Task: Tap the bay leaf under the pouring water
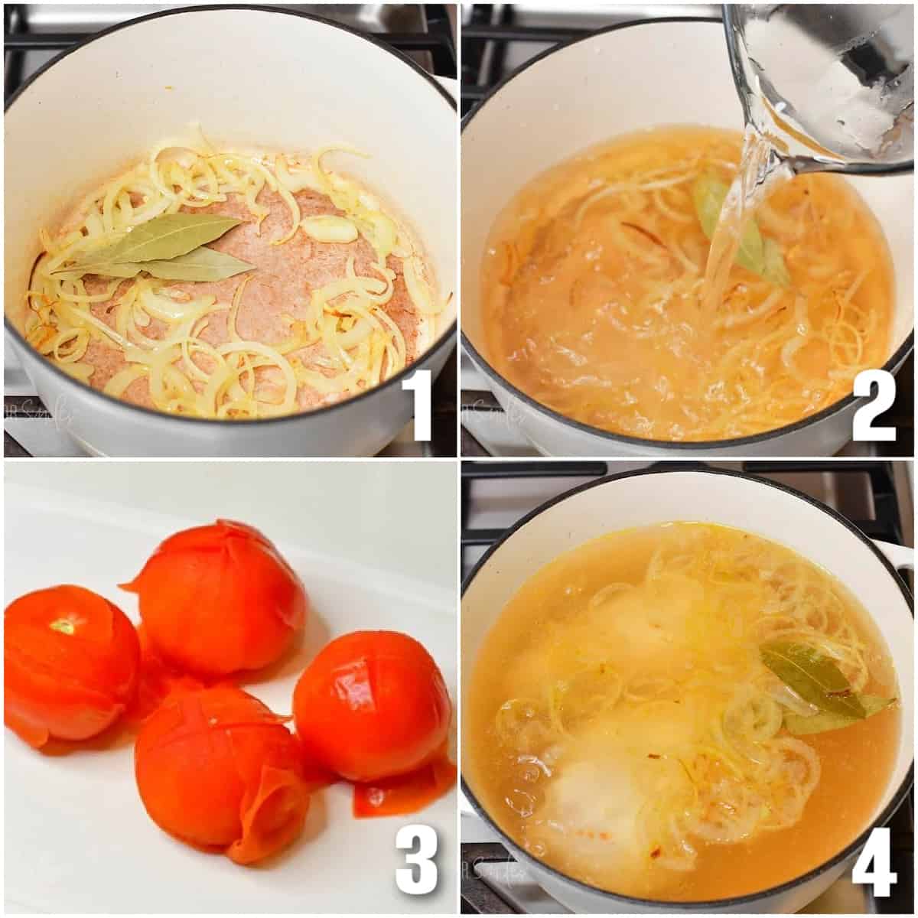[x=738, y=229]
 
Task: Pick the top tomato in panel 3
[x=218, y=597]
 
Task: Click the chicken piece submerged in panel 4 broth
[x=597, y=796]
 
